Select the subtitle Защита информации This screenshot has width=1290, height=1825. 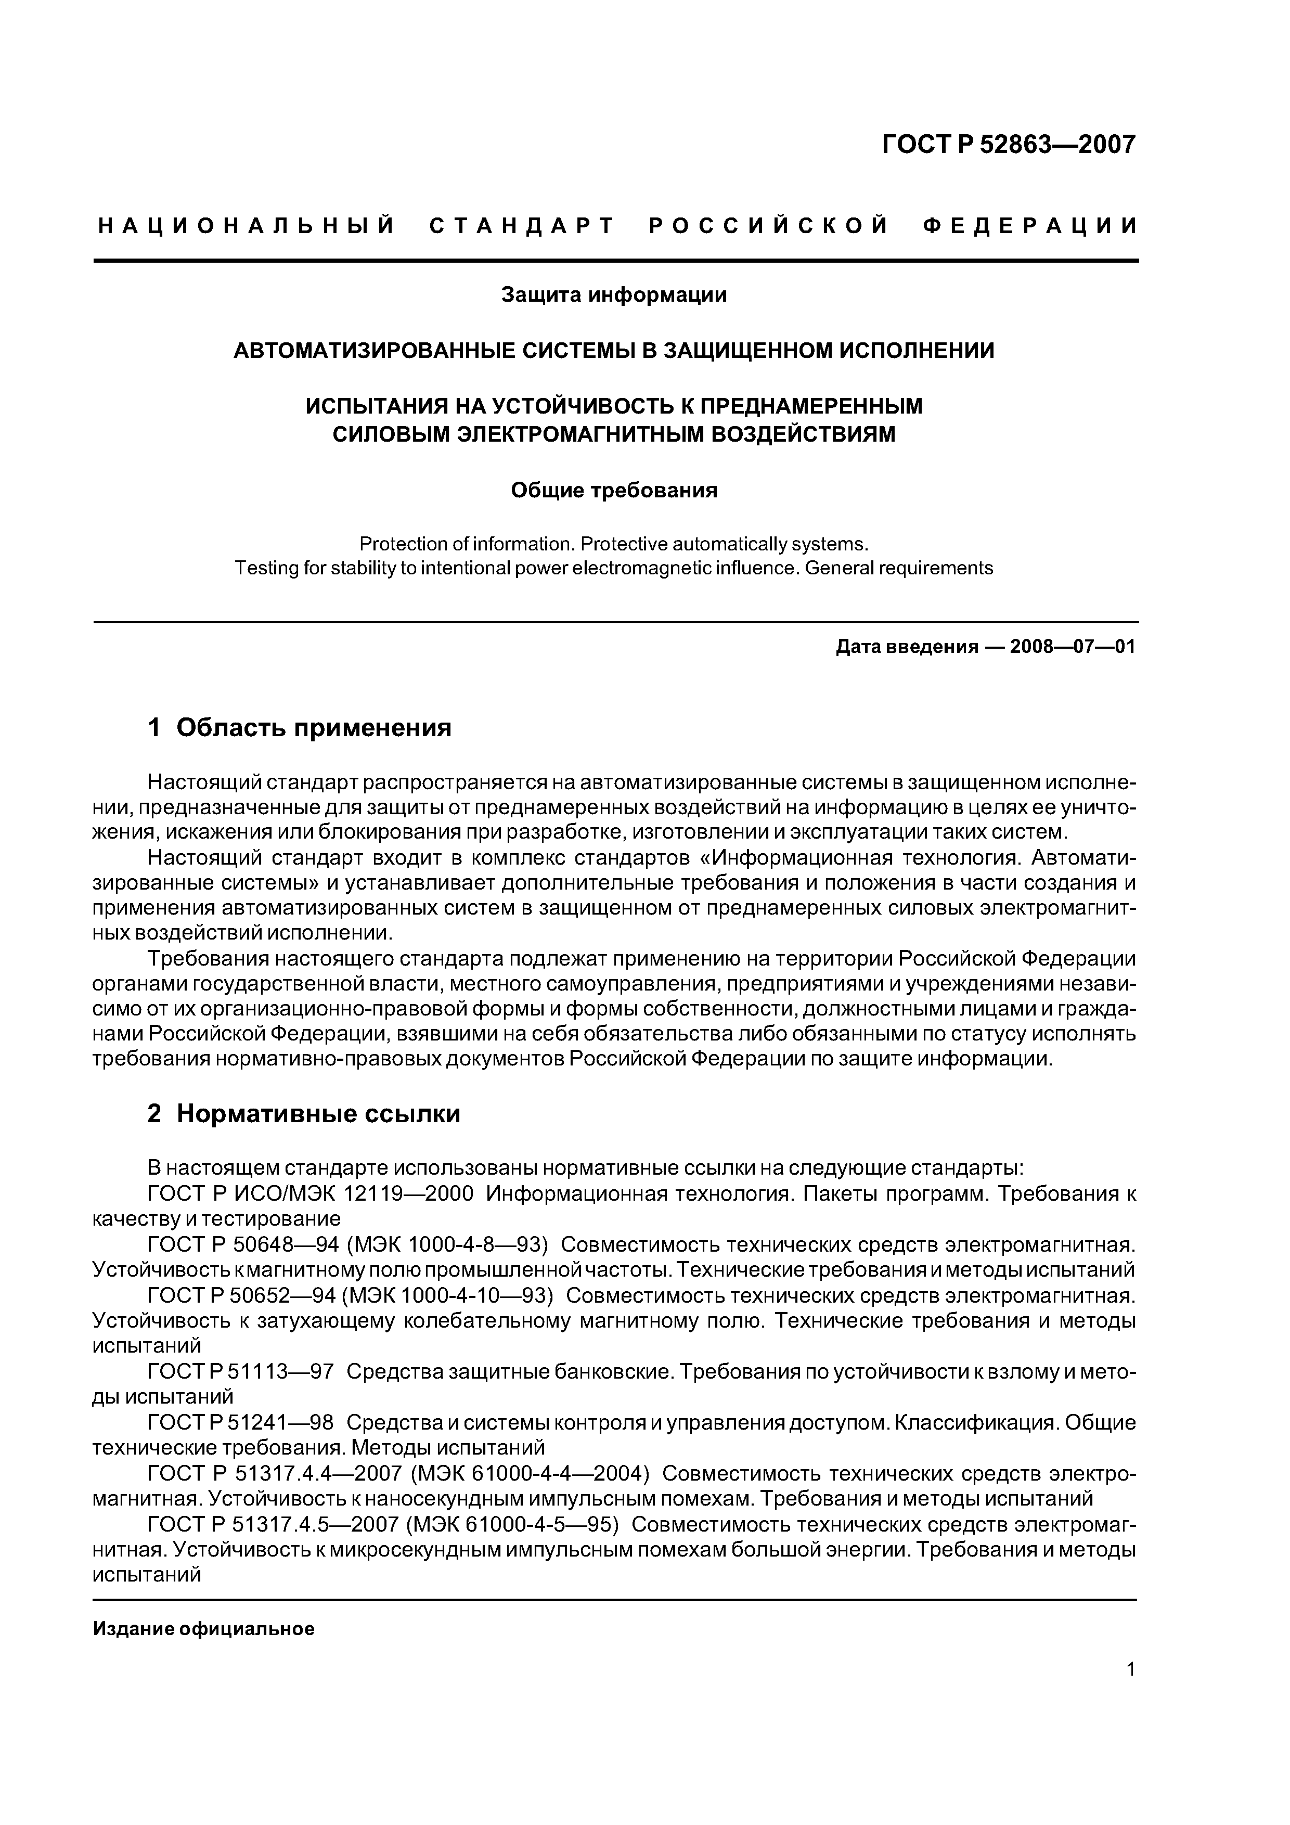tap(614, 295)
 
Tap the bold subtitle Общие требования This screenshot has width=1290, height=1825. tap(614, 491)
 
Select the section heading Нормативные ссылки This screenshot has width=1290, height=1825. tap(318, 1114)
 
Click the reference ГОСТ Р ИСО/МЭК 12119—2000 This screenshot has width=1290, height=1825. tap(311, 1194)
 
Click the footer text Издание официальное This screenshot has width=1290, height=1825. tap(203, 1629)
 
